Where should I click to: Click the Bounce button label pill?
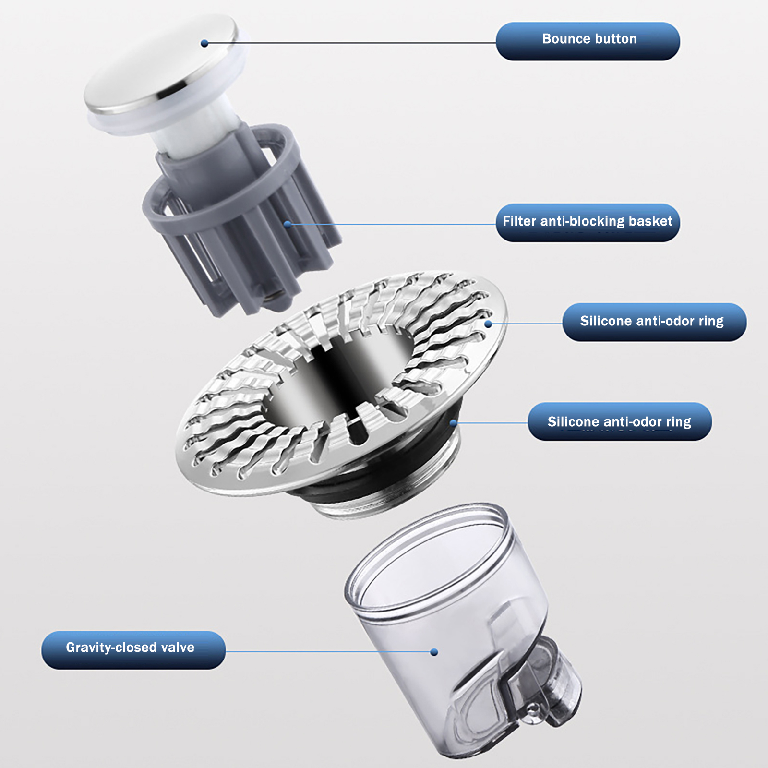(x=588, y=41)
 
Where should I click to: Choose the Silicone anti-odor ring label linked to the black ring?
(x=620, y=421)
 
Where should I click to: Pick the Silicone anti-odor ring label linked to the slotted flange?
(x=654, y=322)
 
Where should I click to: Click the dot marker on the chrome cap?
(x=204, y=43)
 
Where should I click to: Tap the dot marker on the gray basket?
(x=287, y=224)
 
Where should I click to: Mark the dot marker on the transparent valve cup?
(x=434, y=652)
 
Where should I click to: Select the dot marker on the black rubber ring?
(x=453, y=422)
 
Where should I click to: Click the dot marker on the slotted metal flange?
(x=488, y=324)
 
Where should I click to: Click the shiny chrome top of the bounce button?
(x=161, y=65)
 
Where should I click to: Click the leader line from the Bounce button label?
(x=350, y=43)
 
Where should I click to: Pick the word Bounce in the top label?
(x=564, y=38)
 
